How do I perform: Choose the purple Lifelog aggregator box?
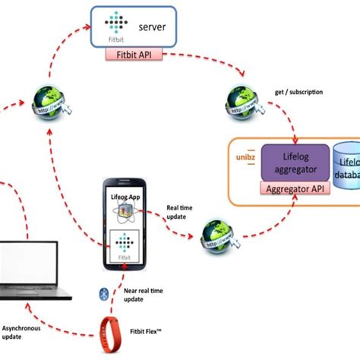[294, 161]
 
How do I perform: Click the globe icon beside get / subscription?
[241, 99]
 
